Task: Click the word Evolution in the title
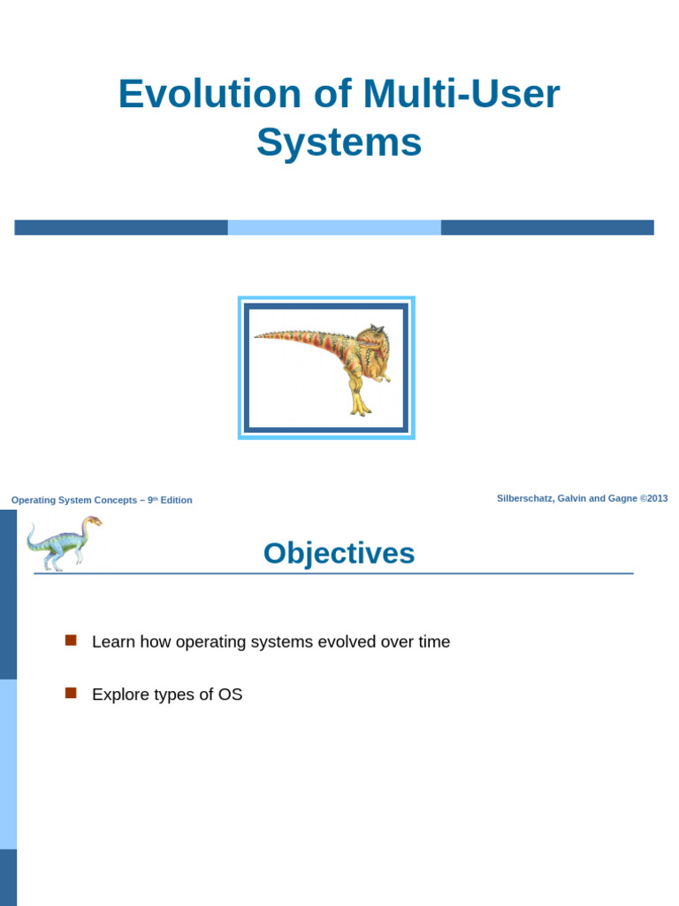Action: [210, 94]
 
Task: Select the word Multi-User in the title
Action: [462, 94]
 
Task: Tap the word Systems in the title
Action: [339, 142]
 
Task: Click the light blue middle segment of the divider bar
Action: [334, 227]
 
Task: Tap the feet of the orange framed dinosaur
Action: [361, 408]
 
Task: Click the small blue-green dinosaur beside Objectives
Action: [64, 543]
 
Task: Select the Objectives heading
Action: [339, 554]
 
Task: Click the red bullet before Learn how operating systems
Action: [71, 641]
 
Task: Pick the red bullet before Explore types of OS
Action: [71, 693]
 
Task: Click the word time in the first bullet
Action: [434, 642]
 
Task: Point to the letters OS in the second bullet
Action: [231, 695]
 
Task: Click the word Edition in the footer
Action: [176, 501]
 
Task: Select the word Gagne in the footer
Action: [622, 498]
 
